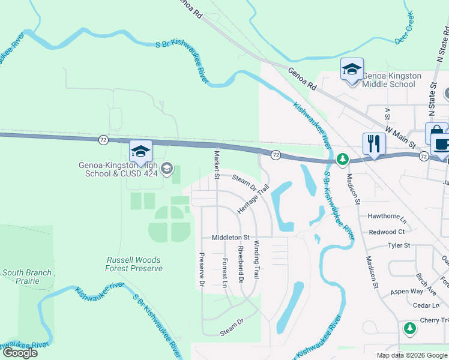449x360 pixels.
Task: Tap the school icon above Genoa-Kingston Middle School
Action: click(352, 69)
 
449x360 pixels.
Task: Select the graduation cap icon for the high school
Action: click(140, 151)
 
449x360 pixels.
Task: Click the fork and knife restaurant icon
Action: click(373, 143)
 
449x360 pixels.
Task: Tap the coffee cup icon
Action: click(441, 144)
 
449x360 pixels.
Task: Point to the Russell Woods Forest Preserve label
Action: click(133, 264)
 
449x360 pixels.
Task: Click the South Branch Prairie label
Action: click(27, 277)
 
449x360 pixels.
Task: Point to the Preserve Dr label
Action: click(202, 268)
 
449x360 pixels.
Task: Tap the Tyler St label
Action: click(399, 245)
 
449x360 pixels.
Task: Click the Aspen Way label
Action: click(407, 291)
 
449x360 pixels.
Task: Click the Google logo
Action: click(20, 352)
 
